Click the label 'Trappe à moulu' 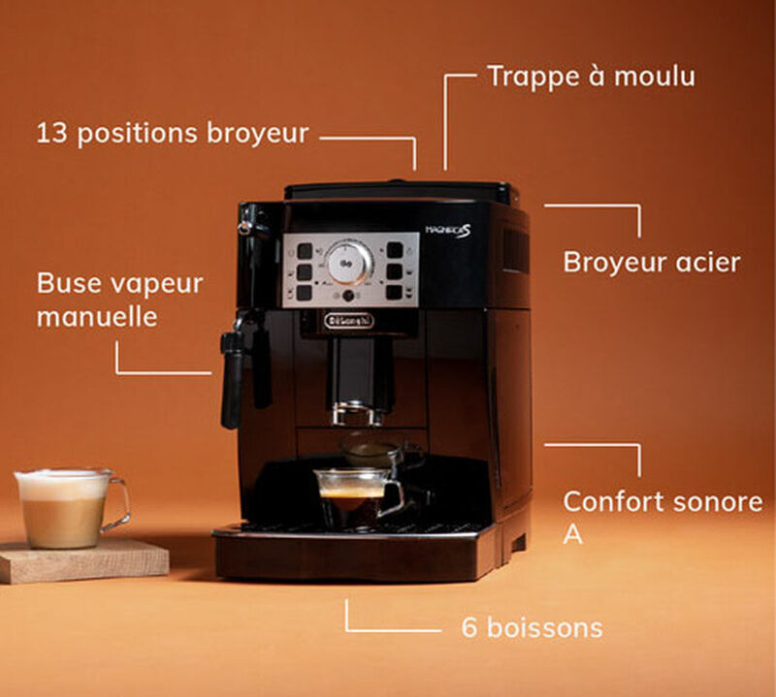[x=592, y=78]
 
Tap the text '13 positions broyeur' [x=173, y=134]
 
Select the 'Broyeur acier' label [x=652, y=262]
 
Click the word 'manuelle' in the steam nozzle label [x=97, y=317]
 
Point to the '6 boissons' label [x=532, y=628]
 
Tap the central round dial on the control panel [x=348, y=263]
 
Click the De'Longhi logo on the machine [x=350, y=321]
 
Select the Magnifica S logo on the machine [x=448, y=231]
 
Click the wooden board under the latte [x=83, y=561]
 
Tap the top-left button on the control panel [x=305, y=251]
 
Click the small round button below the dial [x=349, y=296]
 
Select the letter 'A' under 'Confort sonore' [x=572, y=534]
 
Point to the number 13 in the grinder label [x=51, y=133]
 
